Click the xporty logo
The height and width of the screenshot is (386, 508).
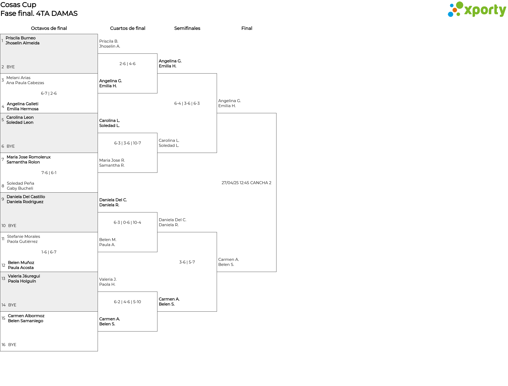[477, 10]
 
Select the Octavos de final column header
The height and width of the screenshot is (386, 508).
[49, 28]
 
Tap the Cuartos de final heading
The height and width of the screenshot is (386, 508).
[128, 28]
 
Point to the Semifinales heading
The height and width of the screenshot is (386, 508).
[187, 28]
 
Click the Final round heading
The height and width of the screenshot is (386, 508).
[247, 28]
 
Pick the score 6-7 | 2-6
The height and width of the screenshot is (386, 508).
[49, 93]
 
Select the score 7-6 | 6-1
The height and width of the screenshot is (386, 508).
[49, 173]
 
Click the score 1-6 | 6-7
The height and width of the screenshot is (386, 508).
[49, 252]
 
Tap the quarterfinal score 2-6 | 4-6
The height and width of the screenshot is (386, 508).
[128, 64]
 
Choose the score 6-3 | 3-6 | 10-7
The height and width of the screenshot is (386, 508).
[128, 143]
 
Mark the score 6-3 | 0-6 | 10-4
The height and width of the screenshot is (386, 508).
[128, 222]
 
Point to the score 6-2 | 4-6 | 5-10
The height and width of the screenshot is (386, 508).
[128, 302]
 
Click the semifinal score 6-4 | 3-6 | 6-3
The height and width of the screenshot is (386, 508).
[187, 103]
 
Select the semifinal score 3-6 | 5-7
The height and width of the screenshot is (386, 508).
[187, 262]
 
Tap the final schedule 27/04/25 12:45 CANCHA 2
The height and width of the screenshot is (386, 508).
[247, 183]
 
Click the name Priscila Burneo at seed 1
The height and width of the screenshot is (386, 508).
[21, 38]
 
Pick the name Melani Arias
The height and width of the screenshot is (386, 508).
[19, 78]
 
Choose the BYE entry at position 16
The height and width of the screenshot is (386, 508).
[12, 345]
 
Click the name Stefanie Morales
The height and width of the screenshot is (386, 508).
[24, 237]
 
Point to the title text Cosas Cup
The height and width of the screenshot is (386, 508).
[18, 5]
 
